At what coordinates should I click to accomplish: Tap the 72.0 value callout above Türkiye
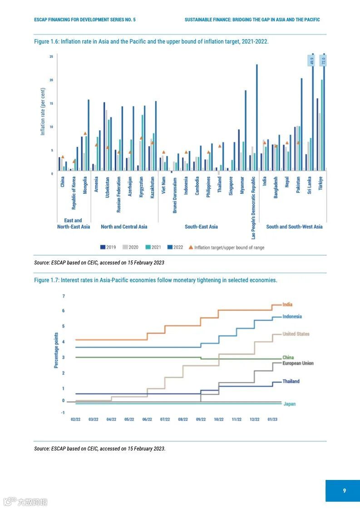(x=324, y=60)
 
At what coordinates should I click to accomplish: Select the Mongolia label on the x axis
(x=85, y=185)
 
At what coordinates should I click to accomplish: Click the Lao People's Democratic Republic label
(x=253, y=206)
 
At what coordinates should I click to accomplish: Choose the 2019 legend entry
(x=108, y=247)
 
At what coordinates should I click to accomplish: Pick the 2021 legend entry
(x=153, y=247)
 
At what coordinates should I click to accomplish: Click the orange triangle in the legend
(x=191, y=247)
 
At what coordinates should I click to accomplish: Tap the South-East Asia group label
(x=201, y=226)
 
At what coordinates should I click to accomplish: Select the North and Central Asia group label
(x=124, y=226)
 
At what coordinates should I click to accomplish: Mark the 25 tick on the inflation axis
(x=51, y=57)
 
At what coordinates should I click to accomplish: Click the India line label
(x=287, y=305)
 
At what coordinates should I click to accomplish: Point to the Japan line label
(x=289, y=404)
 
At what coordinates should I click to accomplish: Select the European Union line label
(x=298, y=363)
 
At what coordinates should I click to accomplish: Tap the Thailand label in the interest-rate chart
(x=291, y=382)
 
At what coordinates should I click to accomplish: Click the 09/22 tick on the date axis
(x=201, y=420)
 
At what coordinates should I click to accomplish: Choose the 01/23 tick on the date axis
(x=272, y=420)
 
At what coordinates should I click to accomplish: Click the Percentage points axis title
(x=56, y=350)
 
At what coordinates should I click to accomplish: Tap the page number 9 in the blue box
(x=345, y=490)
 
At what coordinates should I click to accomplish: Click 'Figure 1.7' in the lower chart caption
(x=46, y=280)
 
